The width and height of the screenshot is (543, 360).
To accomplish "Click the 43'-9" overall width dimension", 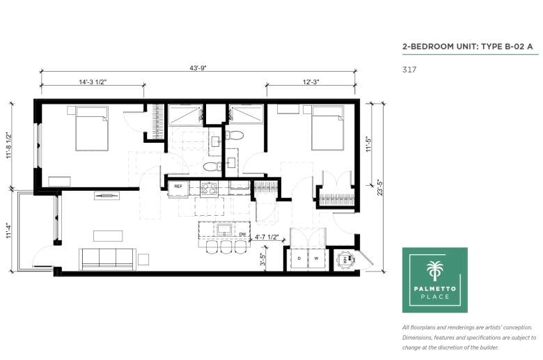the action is click(198, 68).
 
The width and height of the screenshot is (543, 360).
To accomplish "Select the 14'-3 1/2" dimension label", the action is click(93, 82).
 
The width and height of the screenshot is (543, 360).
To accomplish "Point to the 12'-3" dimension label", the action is click(310, 82).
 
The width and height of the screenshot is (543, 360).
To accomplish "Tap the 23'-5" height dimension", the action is click(380, 187).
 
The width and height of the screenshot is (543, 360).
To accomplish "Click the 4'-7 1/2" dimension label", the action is click(267, 237).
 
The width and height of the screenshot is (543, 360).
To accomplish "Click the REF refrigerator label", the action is click(178, 187).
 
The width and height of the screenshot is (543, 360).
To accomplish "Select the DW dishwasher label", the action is click(242, 234).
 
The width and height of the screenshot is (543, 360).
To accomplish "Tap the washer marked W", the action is click(316, 258).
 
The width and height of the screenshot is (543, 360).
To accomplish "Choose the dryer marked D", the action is click(299, 258).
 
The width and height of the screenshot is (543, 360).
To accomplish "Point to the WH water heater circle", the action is click(345, 260).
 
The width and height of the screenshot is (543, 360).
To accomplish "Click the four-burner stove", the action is click(210, 189).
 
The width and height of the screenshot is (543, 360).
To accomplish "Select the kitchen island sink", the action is click(224, 230).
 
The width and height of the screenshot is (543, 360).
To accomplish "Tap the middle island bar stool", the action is click(226, 247).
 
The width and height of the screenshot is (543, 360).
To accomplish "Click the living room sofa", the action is click(108, 259).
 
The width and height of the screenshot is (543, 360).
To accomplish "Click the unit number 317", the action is click(409, 70).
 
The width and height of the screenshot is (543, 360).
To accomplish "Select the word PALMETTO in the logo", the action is click(435, 288).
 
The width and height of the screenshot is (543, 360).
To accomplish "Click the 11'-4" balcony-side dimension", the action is click(8, 230).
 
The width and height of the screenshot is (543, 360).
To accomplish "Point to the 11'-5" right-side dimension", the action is click(368, 144).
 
